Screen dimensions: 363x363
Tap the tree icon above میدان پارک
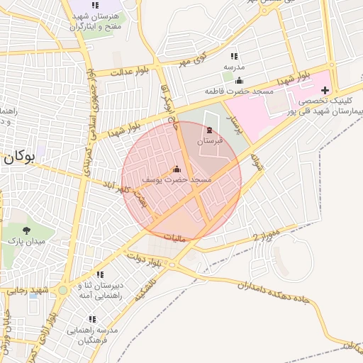pos(26,230)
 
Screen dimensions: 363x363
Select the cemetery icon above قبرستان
pos(208,130)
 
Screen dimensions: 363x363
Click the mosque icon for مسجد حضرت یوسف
pos(177,169)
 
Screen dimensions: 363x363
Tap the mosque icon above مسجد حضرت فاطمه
pos(239,79)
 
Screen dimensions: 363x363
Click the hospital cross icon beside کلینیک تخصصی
pos(325,90)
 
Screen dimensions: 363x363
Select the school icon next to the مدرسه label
pos(233,56)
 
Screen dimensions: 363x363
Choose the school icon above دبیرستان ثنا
pos(100,274)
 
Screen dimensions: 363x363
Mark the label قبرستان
pos(210,141)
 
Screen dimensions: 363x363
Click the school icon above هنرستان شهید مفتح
pos(95,5)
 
